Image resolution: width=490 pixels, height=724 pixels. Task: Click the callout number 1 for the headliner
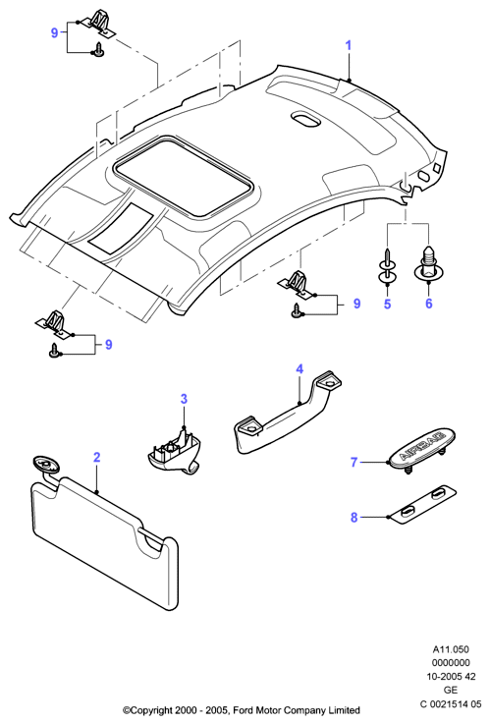[349, 46]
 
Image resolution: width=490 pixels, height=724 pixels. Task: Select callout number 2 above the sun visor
[96, 457]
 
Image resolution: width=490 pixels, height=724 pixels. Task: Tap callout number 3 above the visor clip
[184, 399]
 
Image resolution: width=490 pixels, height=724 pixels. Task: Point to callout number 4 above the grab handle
[299, 369]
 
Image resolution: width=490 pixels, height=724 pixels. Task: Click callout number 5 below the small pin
[387, 304]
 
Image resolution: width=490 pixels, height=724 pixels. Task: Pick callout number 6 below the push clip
[429, 304]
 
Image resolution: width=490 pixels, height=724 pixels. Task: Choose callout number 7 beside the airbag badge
[354, 462]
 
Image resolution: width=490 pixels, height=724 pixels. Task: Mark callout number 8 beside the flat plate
[354, 518]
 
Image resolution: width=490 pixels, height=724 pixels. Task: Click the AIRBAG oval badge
[421, 449]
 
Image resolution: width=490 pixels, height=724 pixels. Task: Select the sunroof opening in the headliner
[184, 176]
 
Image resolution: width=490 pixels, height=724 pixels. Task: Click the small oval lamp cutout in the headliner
[305, 119]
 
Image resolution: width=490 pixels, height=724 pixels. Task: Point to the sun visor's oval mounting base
[45, 464]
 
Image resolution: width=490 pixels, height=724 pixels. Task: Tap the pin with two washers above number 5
[387, 267]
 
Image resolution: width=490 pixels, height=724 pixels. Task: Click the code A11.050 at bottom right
[451, 649]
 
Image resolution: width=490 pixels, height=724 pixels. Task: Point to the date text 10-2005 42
[451, 677]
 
